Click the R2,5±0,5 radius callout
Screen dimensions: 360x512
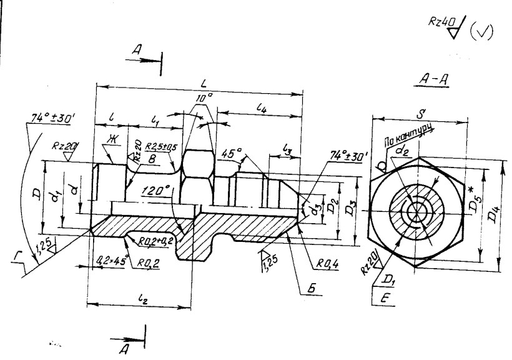[161, 147]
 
